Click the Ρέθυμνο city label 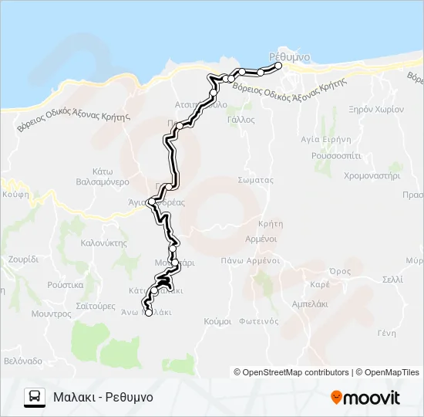290,56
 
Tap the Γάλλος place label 241,120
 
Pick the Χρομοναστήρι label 372,175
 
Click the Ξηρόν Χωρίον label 376,110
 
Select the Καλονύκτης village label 103,242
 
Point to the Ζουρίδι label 23,259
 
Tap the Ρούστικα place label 65,284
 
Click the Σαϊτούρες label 96,306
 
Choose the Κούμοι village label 218,320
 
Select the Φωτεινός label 258,320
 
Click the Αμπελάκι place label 311,305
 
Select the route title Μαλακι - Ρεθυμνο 103,397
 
